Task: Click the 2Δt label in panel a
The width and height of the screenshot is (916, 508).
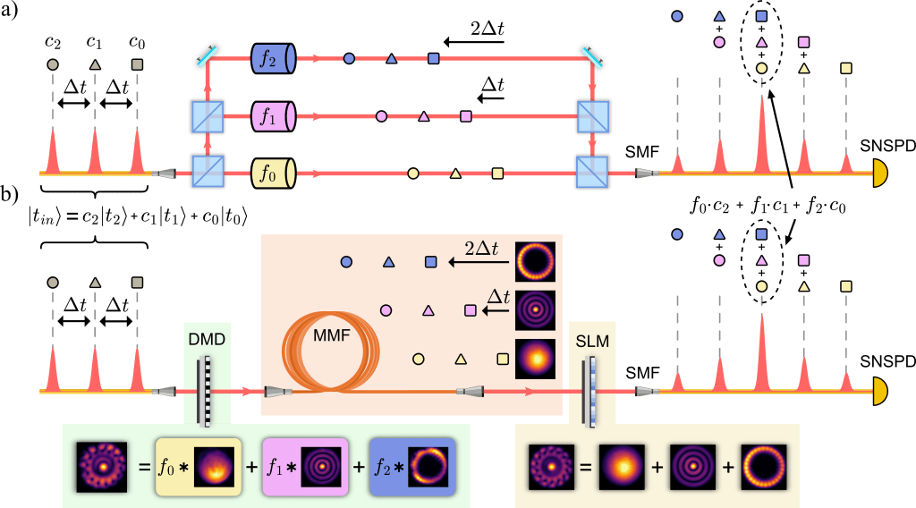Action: [x=488, y=30]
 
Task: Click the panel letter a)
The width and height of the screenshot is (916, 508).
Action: [x=13, y=11]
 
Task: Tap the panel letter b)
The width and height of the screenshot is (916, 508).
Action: [x=13, y=194]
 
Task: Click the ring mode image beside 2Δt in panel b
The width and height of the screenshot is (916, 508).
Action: [x=536, y=260]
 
